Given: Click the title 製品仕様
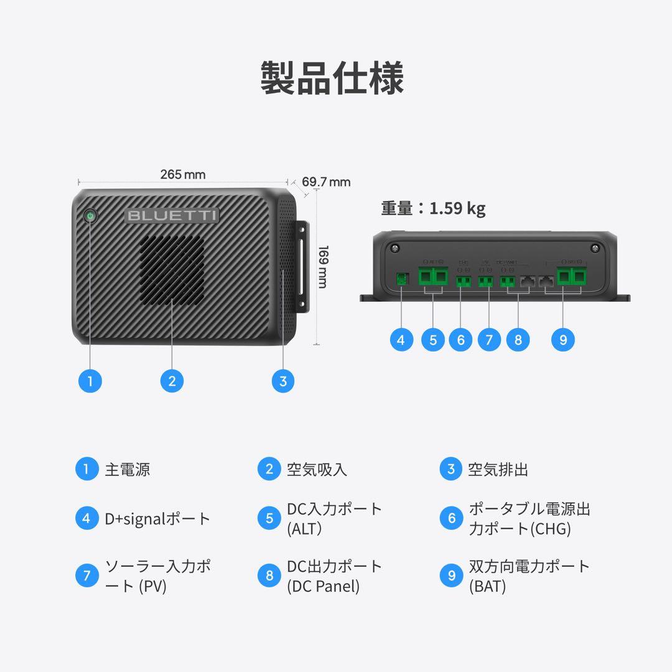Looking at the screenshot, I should point(332,78).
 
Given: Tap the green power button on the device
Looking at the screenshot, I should point(91,216).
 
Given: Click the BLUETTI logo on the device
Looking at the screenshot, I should point(172,216).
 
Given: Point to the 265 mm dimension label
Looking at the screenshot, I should point(182,175).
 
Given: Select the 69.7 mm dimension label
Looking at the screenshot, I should point(326,182).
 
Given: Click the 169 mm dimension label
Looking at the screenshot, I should point(323,266).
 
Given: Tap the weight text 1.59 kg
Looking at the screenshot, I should point(457,208).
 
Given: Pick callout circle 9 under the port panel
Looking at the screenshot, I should point(563,340).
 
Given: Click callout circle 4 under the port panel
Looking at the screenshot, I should point(401,340).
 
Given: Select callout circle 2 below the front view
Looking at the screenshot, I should point(172,381).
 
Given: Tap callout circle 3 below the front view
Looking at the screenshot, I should point(283,381).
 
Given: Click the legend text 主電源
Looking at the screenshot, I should point(128,469).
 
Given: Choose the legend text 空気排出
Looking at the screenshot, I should point(498,469).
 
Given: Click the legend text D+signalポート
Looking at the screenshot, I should point(158,519).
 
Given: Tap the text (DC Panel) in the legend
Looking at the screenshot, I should point(324,586).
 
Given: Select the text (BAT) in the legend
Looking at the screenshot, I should point(487,586).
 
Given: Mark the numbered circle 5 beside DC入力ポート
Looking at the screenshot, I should point(269,519).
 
